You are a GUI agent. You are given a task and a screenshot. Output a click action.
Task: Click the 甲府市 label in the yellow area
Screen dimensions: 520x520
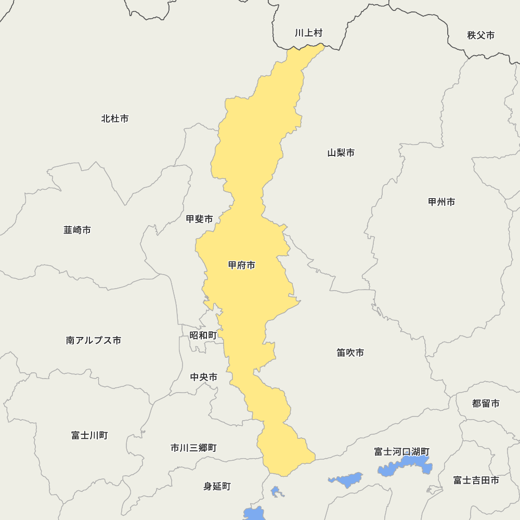(242, 265)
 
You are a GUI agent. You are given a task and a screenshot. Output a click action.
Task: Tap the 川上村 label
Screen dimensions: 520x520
(309, 33)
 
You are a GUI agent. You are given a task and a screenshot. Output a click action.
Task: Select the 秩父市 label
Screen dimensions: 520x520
(480, 35)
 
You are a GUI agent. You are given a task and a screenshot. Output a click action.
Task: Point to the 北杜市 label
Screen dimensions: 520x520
(115, 119)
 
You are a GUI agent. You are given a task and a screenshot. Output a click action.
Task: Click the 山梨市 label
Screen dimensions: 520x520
(341, 153)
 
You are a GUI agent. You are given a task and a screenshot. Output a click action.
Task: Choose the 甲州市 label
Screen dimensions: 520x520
(441, 202)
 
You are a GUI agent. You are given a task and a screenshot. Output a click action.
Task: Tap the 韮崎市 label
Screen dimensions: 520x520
(77, 230)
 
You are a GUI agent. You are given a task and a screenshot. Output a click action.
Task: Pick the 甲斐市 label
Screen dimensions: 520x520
(200, 219)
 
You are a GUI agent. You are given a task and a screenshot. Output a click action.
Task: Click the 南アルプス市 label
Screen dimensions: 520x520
(94, 341)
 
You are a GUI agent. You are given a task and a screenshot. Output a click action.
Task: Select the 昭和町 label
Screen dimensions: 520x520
(203, 335)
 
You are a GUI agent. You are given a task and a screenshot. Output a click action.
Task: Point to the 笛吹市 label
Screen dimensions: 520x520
(350, 353)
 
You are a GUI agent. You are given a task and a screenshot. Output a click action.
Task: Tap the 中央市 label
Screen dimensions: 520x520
(204, 377)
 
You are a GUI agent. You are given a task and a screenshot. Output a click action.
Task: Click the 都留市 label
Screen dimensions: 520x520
(486, 404)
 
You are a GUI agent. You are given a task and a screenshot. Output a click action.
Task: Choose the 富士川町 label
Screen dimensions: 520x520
(89, 435)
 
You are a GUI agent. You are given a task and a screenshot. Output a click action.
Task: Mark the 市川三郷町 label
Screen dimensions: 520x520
(193, 448)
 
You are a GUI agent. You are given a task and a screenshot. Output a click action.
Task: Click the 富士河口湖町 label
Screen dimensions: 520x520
(401, 451)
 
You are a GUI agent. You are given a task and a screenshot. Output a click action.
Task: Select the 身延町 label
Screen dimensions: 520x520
(217, 486)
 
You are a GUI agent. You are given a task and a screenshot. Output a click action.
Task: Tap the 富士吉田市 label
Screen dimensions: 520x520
(476, 480)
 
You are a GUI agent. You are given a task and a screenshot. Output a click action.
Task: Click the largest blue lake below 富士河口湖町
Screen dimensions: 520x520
(406, 466)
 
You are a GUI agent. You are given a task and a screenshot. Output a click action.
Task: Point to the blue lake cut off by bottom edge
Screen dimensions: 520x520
(255, 514)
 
